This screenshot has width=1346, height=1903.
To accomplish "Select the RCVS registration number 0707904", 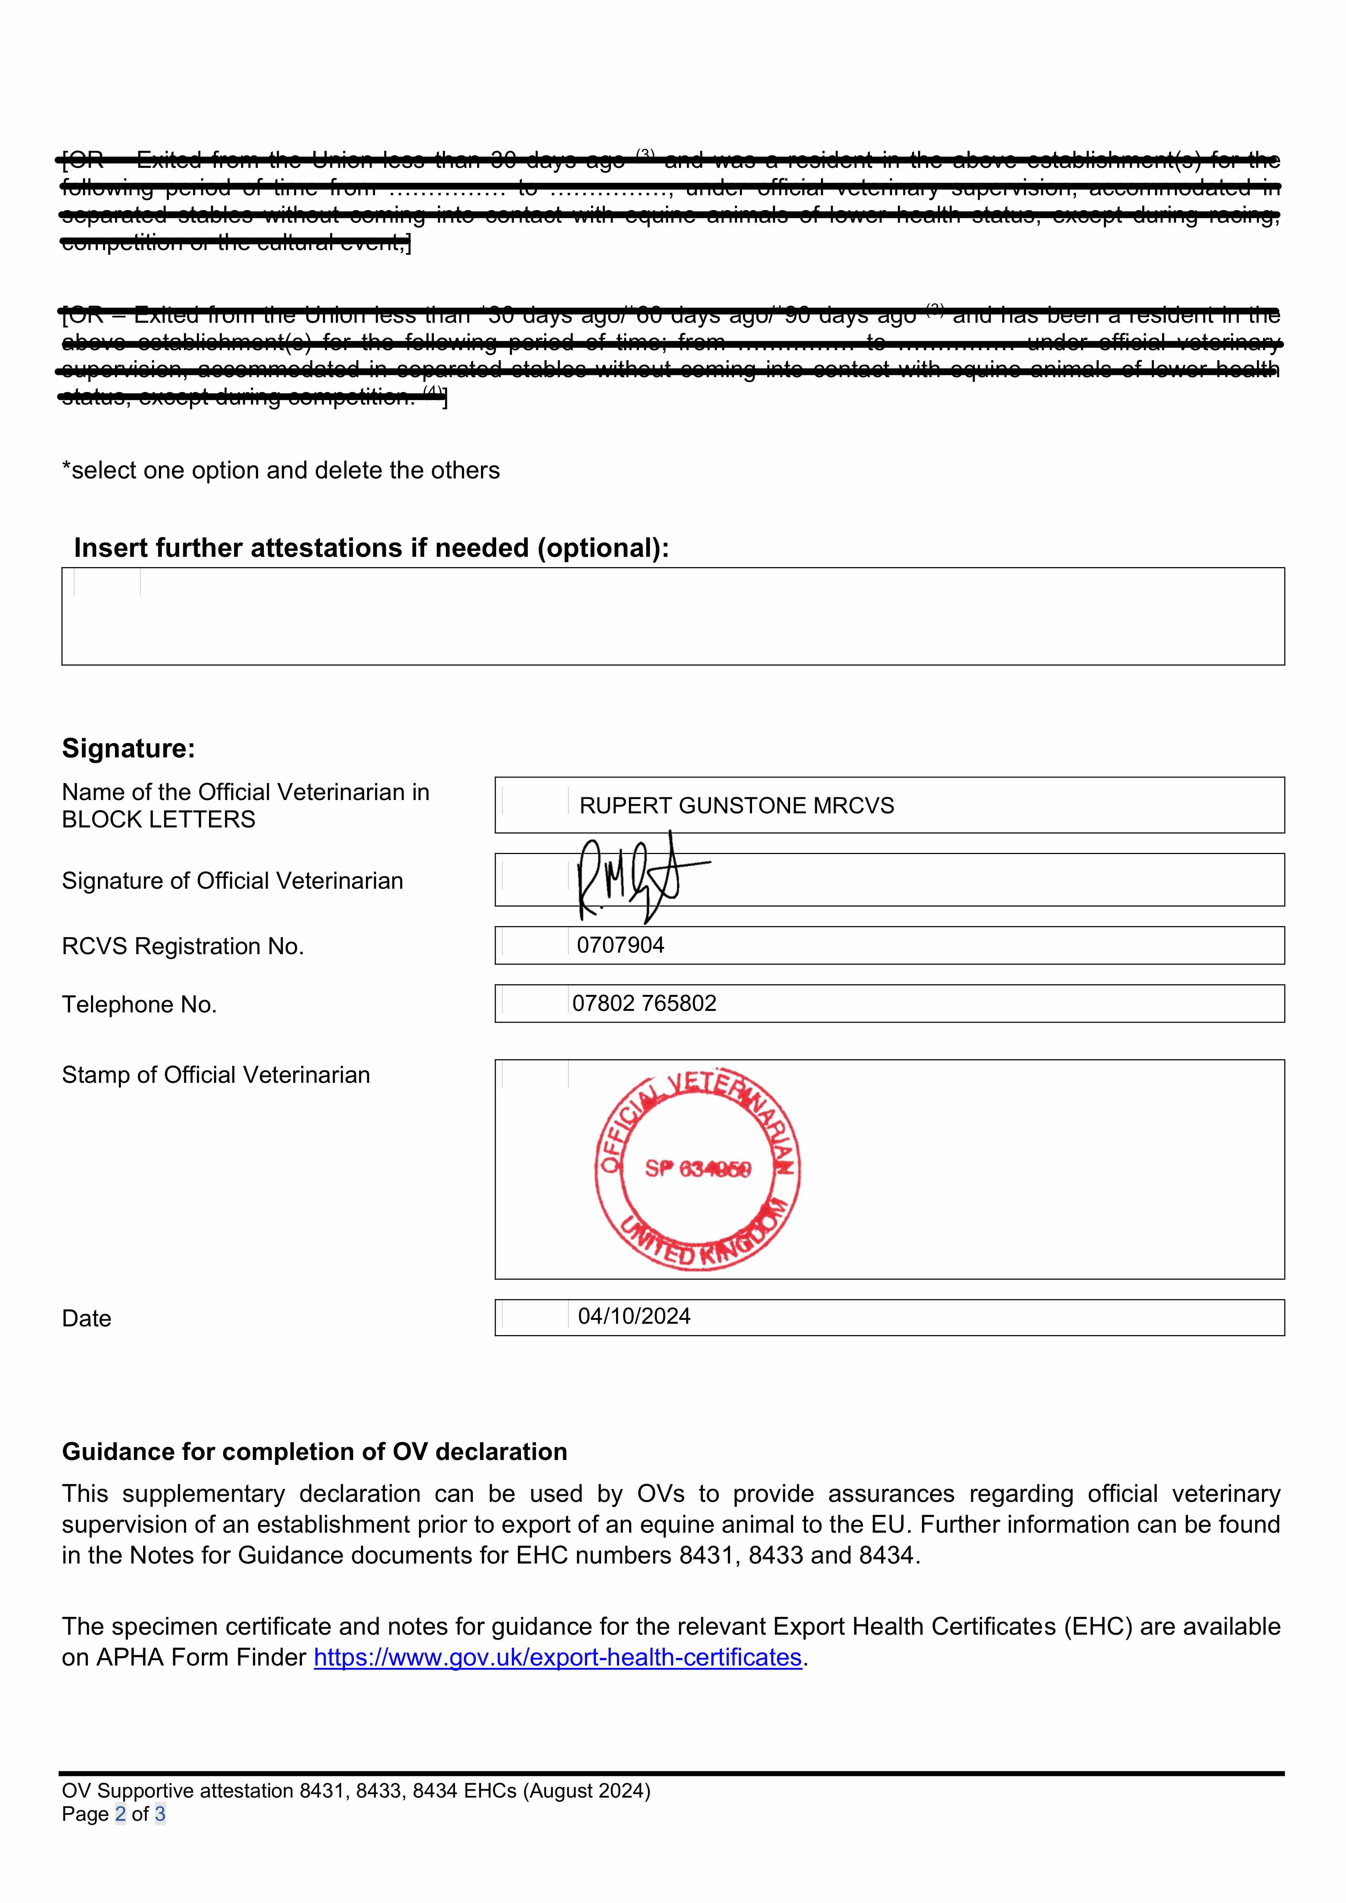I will [x=620, y=946].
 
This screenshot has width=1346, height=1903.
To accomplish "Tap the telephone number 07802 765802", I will [x=644, y=1004].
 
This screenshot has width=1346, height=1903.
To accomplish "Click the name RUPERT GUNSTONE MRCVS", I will [x=736, y=806].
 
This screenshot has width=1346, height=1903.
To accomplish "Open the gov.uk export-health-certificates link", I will [x=557, y=1657].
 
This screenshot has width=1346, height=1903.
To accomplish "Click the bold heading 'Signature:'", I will [x=129, y=748].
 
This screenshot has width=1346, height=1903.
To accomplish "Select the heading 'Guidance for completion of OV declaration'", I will [x=314, y=1452].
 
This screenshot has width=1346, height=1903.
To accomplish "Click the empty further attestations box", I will [x=672, y=617].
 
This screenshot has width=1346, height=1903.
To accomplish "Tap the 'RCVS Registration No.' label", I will [x=182, y=947].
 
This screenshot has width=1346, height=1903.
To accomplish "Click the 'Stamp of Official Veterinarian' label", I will [x=216, y=1075].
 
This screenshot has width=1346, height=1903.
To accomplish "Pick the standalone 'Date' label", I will [x=86, y=1319].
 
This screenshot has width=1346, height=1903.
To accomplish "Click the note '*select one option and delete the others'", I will [x=281, y=471].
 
